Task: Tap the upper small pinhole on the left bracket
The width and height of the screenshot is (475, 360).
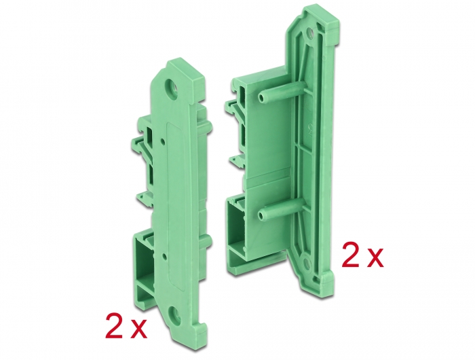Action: pos(164,141)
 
